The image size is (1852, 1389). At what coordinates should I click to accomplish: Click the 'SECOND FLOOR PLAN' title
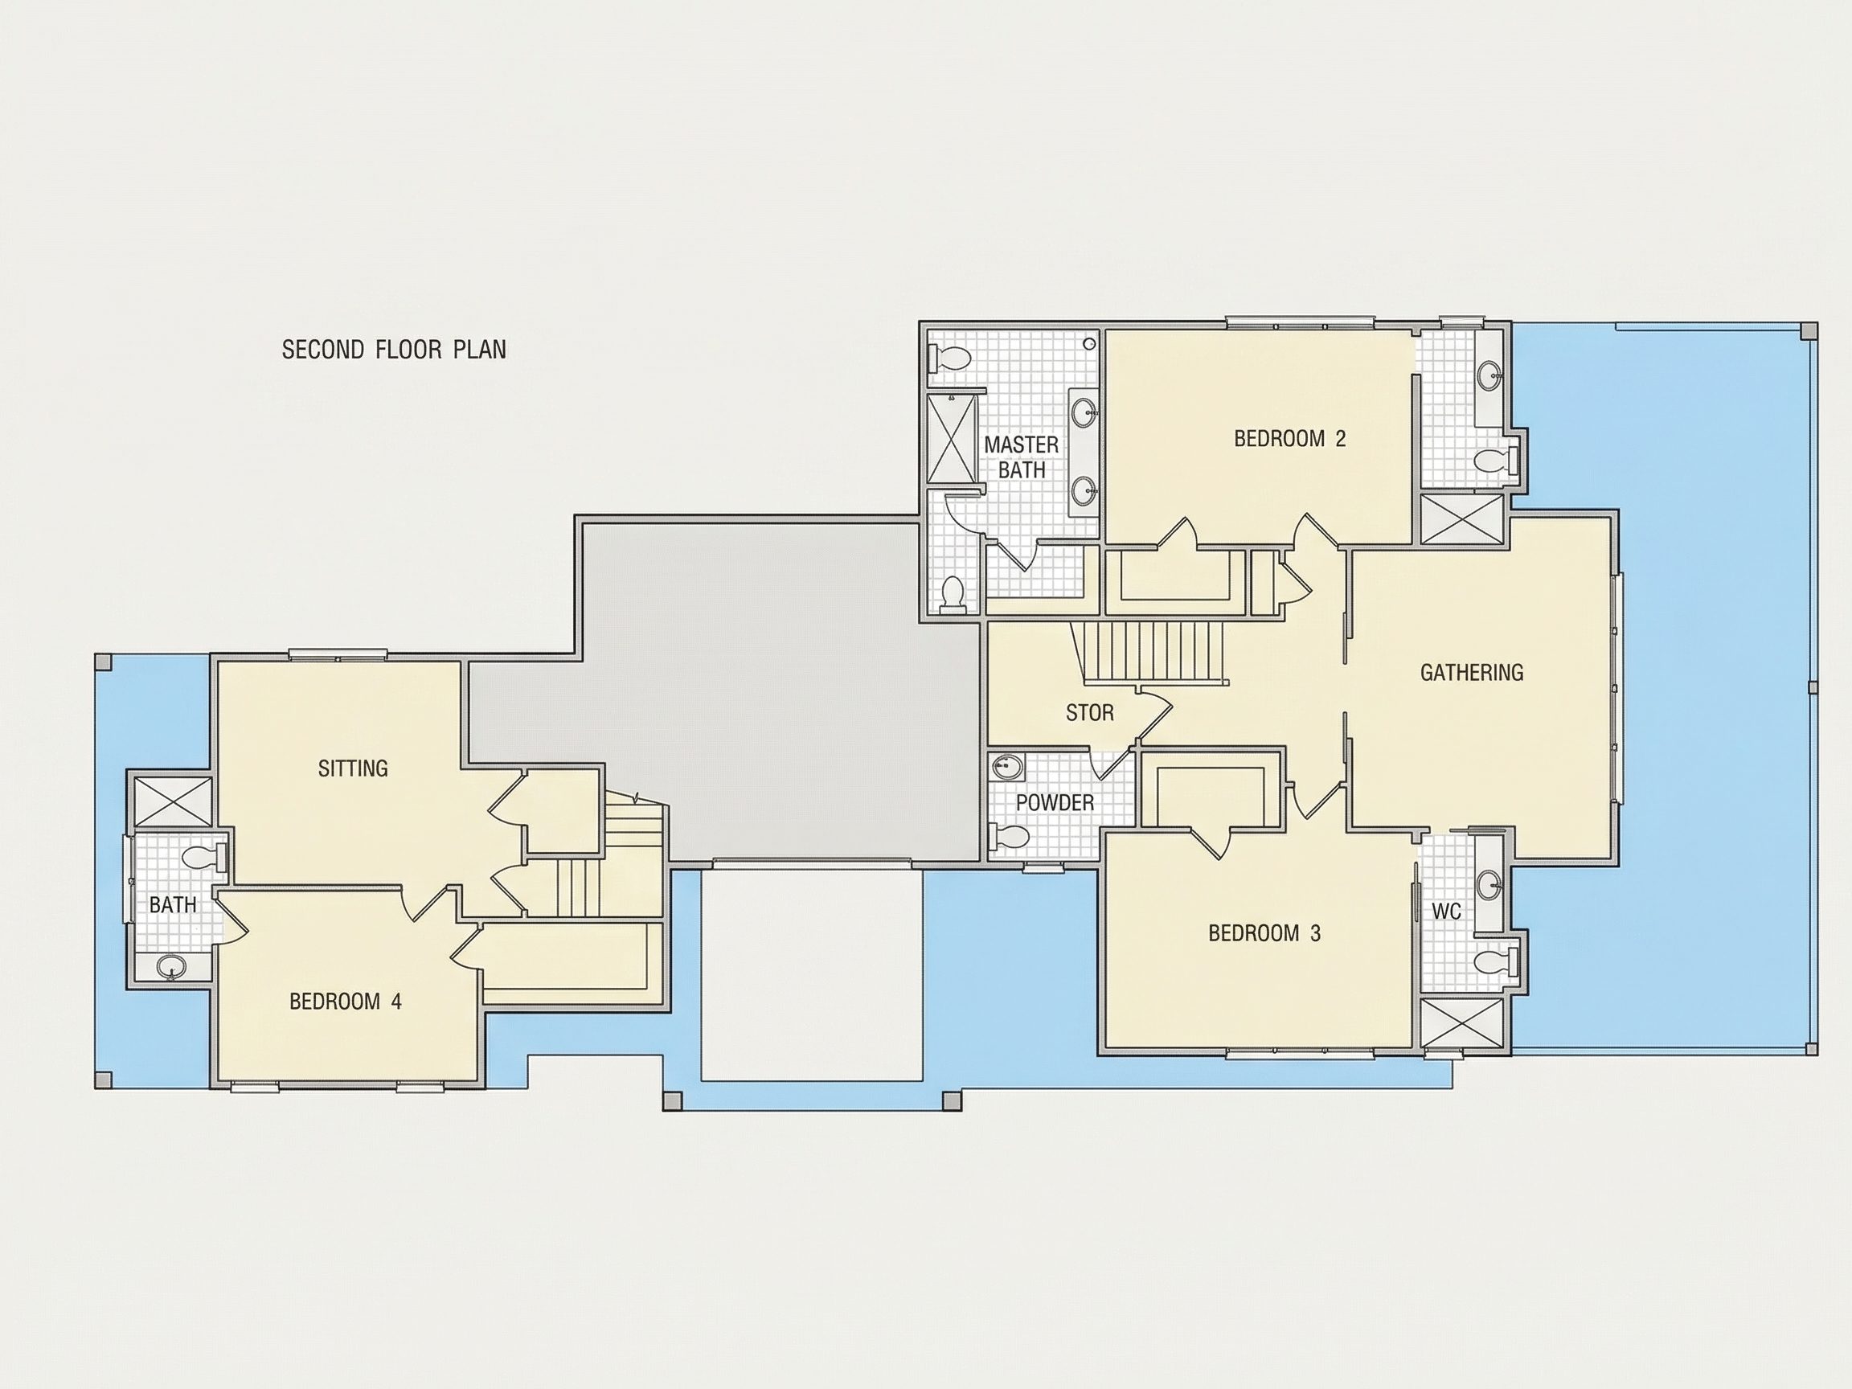pos(394,349)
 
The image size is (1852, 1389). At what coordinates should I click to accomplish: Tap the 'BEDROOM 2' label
pos(1289,439)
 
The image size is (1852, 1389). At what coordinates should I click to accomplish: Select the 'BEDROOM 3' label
pos(1264,932)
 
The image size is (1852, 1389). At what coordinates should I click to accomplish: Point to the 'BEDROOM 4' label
pos(345,1002)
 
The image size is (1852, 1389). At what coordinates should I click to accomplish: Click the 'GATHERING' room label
pos(1472,672)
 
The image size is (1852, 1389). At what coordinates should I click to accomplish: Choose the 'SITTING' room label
pos(353,768)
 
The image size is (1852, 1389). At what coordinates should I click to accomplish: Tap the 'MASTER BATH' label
pos(1022,457)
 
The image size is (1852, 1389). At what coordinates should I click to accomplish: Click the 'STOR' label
pos(1089,712)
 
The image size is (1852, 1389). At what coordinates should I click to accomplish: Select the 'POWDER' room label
pos(1055,803)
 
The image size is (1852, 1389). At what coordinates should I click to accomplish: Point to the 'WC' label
pos(1446,911)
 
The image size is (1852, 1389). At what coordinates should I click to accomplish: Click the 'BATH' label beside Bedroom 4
pos(174,904)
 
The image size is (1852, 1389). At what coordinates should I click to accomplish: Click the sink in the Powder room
pos(1007,766)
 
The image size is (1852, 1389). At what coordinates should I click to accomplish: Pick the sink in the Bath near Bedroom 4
pos(173,968)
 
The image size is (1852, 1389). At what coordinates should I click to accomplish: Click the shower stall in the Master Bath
pos(953,439)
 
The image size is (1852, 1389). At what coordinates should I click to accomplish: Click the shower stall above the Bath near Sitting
pos(174,801)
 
